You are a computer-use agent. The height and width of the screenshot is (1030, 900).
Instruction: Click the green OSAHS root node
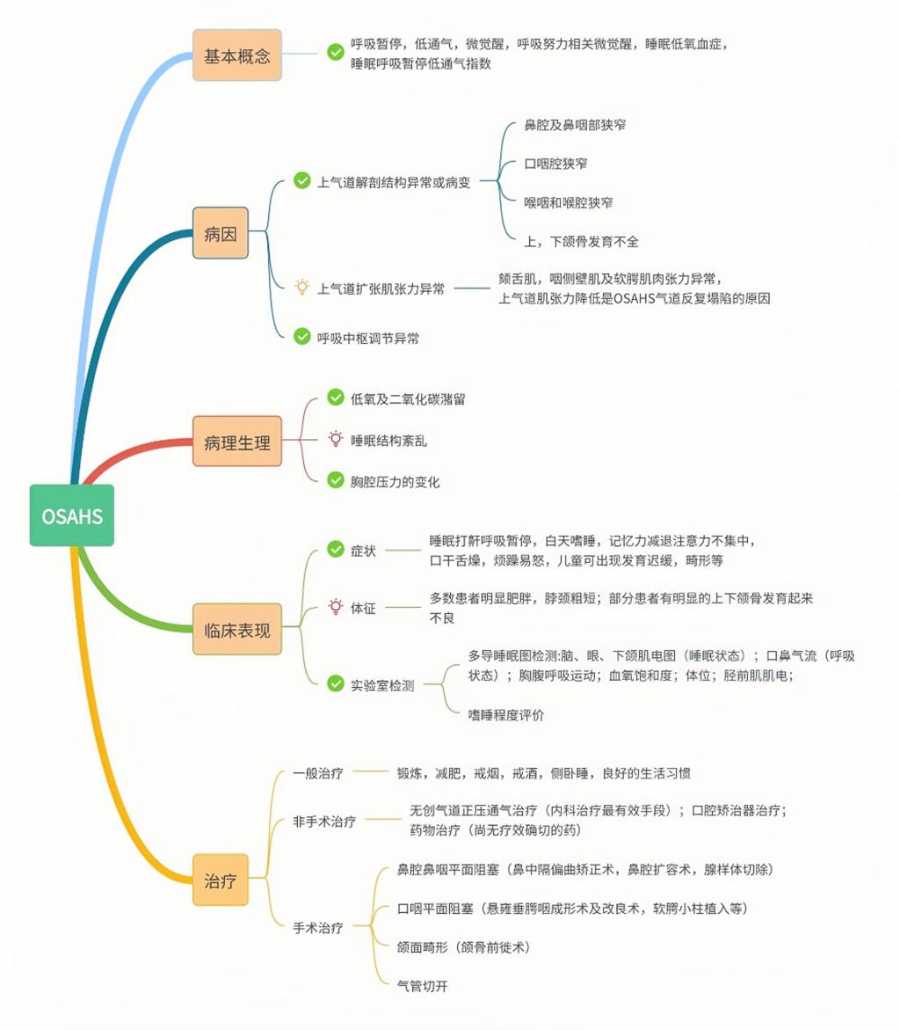71,515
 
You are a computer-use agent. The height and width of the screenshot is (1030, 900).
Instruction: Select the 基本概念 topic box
237,55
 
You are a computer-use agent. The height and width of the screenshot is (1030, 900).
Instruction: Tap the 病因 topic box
221,234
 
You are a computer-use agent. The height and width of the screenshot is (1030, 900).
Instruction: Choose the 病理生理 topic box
237,442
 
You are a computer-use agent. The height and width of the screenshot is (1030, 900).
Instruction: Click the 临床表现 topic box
237,629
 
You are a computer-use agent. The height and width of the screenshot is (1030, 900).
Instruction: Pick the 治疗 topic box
221,879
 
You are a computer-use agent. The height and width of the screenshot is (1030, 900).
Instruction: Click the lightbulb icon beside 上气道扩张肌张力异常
301,287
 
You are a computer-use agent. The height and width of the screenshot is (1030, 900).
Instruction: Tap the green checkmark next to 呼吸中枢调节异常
301,336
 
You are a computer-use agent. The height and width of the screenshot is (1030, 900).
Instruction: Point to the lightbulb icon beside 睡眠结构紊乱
335,439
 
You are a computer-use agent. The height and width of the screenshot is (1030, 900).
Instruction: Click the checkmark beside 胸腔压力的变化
335,480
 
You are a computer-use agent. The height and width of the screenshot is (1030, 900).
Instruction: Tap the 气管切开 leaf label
423,986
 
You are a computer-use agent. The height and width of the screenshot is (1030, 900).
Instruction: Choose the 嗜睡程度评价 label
505,715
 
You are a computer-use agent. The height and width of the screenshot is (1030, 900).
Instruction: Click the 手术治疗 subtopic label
317,927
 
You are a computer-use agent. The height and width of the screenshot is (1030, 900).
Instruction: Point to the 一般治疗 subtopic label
317,773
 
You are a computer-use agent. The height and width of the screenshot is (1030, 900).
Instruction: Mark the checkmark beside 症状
335,550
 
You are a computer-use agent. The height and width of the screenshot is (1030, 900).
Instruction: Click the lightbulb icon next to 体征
335,606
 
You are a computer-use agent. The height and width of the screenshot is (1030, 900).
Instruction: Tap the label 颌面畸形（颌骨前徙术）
463,946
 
